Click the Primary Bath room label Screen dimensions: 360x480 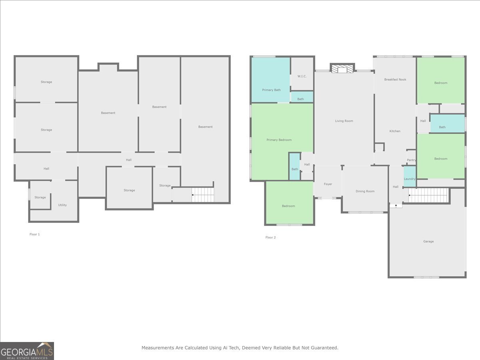click(x=271, y=90)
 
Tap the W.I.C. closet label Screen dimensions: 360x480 click(x=302, y=76)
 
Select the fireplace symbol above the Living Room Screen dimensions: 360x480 click(x=342, y=69)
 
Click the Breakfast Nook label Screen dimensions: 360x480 click(x=395, y=80)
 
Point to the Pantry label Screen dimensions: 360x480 click(x=411, y=160)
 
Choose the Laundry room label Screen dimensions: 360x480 click(x=410, y=179)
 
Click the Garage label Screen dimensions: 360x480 click(x=428, y=242)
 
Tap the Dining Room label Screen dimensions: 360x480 click(x=365, y=191)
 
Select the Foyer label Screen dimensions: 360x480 click(x=328, y=184)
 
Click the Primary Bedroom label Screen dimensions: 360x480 click(x=279, y=140)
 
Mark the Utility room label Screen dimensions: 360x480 click(x=62, y=205)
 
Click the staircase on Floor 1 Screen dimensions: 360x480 click(x=203, y=195)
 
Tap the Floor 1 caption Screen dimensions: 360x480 click(x=35, y=234)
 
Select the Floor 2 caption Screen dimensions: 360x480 click(x=270, y=238)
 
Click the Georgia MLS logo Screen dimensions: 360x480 click(x=27, y=351)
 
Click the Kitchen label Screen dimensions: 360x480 click(x=395, y=131)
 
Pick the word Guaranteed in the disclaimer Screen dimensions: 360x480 click(x=322, y=348)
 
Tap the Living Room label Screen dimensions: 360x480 click(x=344, y=121)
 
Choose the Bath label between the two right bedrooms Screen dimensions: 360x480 click(x=442, y=127)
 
